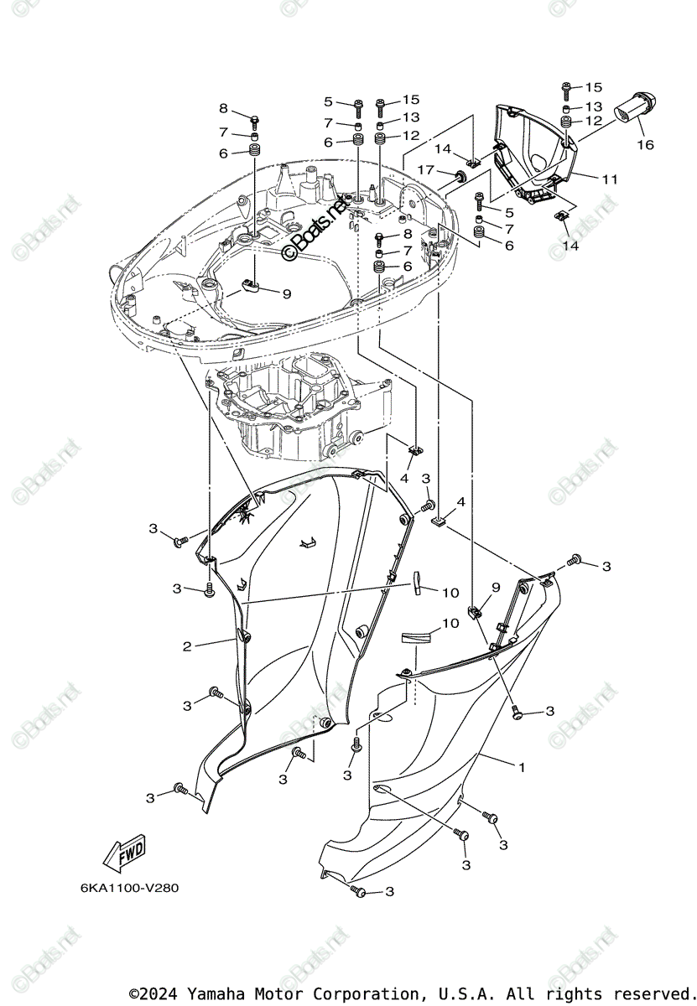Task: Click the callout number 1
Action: pos(521,767)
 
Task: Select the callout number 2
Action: pos(187,646)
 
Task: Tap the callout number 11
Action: pos(609,179)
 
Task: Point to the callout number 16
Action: pos(644,145)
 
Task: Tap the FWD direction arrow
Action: pos(124,853)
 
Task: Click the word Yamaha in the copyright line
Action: pos(214,993)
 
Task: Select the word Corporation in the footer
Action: pos(356,993)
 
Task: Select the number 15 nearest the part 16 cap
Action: pos(594,87)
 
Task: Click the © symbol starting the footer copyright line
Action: pos(134,993)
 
